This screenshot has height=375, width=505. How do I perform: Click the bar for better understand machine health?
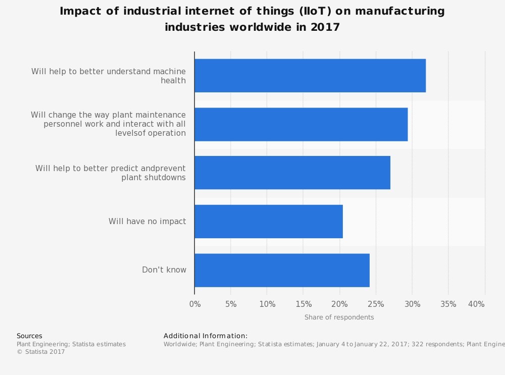pyautogui.click(x=310, y=76)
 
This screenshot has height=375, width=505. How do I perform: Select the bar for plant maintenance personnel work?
pyautogui.click(x=300, y=124)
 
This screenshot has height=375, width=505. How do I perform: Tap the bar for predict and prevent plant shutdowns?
pyautogui.click(x=292, y=173)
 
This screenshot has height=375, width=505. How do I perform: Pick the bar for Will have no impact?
pyautogui.click(x=268, y=221)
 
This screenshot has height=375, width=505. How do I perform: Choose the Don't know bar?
pyautogui.click(x=282, y=270)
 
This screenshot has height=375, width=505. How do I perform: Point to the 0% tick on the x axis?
pyautogui.click(x=195, y=304)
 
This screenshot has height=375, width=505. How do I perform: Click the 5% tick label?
pyautogui.click(x=231, y=304)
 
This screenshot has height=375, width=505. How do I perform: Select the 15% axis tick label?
pyautogui.click(x=303, y=304)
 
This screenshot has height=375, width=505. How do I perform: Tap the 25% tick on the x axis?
pyautogui.click(x=376, y=304)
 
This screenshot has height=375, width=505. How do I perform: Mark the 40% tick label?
pyautogui.click(x=476, y=304)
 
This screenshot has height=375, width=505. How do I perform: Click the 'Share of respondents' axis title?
pyautogui.click(x=339, y=317)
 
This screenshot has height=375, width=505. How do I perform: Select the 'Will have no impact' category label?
pyautogui.click(x=147, y=221)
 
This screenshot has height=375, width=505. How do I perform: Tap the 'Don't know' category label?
pyautogui.click(x=164, y=270)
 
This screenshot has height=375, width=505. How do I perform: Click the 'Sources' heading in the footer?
pyautogui.click(x=29, y=336)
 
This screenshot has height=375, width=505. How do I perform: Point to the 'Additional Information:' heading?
pyautogui.click(x=206, y=336)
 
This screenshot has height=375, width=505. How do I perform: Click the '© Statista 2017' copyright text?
pyautogui.click(x=41, y=352)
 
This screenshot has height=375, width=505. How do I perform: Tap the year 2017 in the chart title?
pyautogui.click(x=325, y=27)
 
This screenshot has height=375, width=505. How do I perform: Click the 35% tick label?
pyautogui.click(x=448, y=304)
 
